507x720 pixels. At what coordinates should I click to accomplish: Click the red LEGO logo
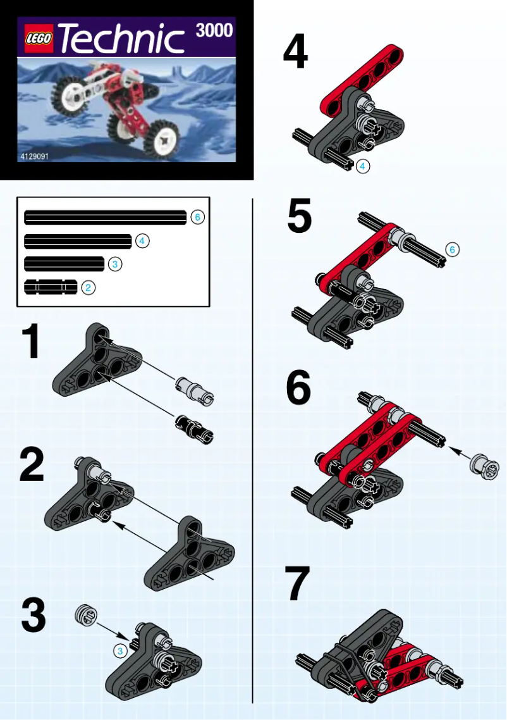39,40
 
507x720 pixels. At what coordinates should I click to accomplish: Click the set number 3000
214,30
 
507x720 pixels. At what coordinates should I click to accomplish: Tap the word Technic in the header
121,40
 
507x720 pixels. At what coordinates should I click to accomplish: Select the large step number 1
31,342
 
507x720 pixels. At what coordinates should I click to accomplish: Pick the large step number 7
298,583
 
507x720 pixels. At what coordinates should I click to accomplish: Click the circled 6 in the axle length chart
197,217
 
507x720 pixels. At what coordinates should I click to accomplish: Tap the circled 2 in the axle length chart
88,288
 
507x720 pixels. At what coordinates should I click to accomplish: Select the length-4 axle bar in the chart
77,241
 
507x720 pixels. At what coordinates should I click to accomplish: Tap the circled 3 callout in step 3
120,650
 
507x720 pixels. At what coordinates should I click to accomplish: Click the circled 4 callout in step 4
362,166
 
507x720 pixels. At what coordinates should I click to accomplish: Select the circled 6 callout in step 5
451,250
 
